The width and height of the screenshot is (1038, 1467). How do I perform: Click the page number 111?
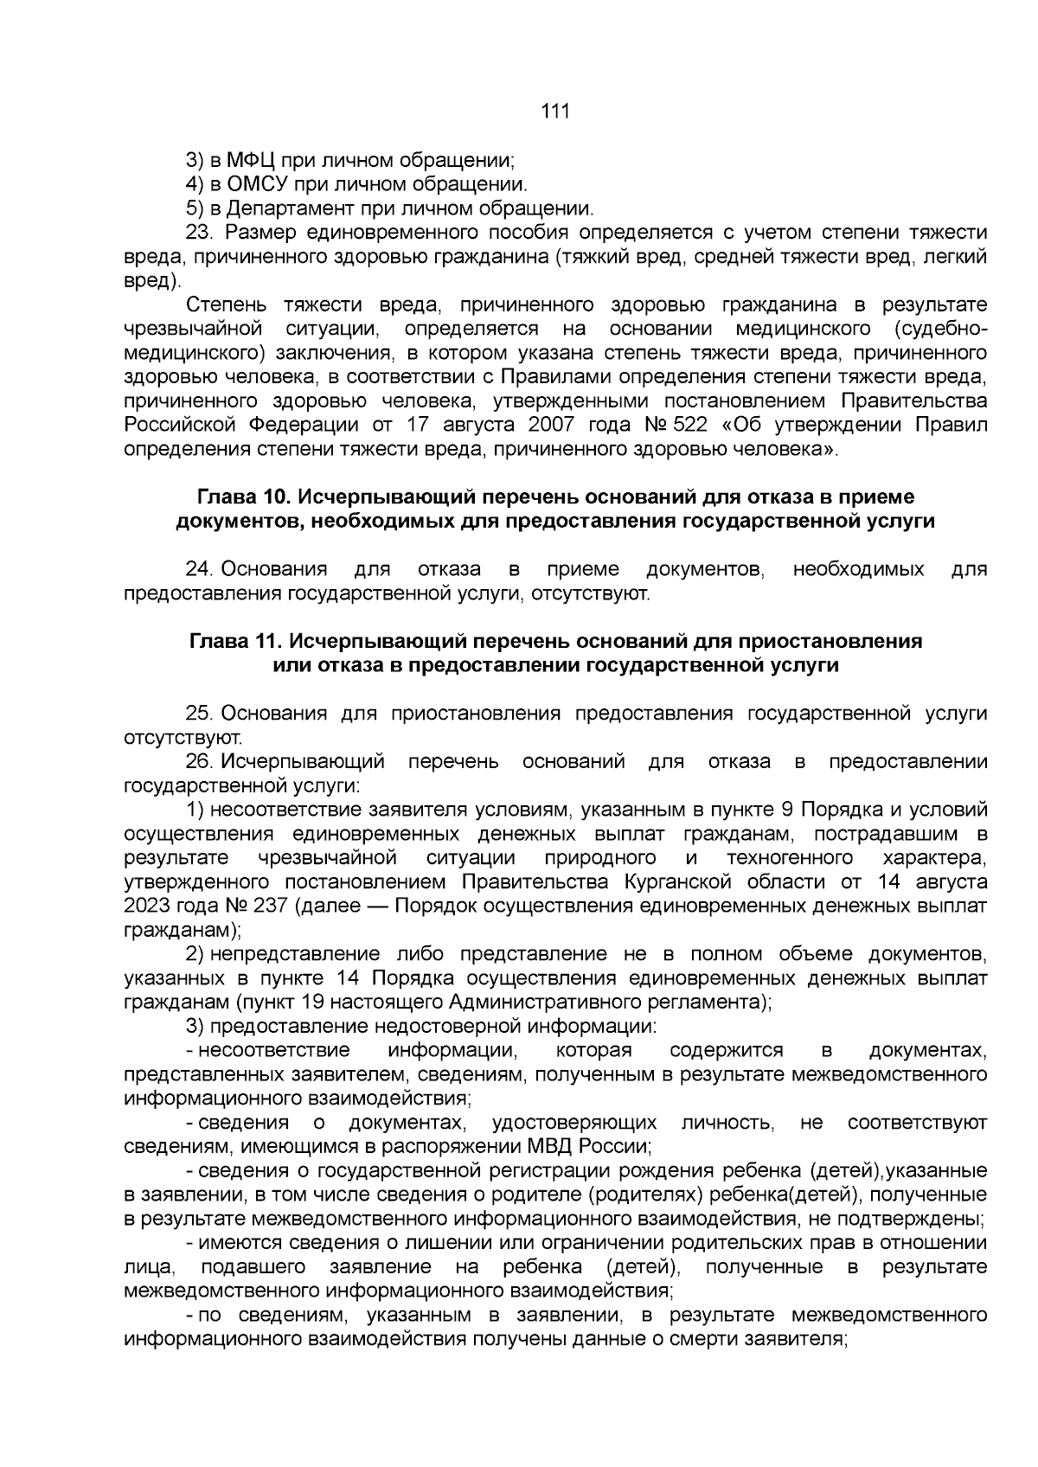[554, 112]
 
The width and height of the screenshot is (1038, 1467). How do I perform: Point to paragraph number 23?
[200, 233]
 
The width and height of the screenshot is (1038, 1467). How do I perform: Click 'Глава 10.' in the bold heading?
[241, 497]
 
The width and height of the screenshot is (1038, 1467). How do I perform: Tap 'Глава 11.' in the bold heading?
[233, 642]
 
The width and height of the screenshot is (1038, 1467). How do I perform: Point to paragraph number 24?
[200, 570]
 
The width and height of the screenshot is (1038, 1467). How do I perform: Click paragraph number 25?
[200, 714]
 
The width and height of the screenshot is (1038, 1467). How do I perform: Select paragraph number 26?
[200, 762]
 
